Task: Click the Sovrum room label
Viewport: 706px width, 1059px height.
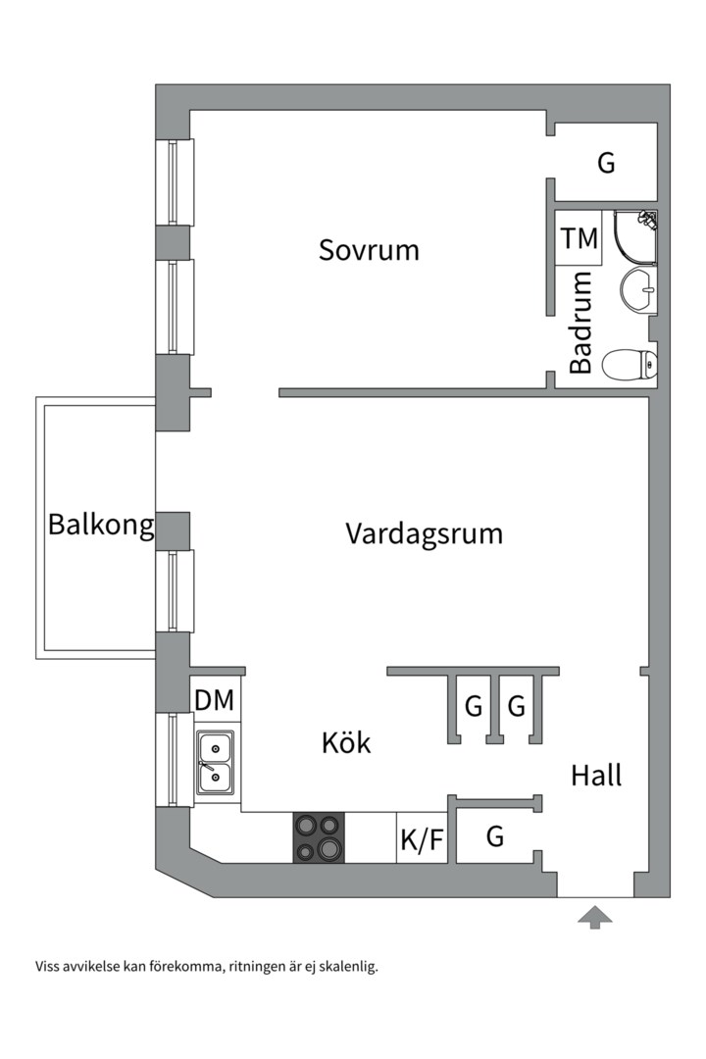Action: tap(369, 250)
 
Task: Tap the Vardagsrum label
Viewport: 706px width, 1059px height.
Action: tap(424, 534)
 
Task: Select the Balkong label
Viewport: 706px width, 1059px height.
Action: tap(101, 527)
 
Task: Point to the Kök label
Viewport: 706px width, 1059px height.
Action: tap(346, 743)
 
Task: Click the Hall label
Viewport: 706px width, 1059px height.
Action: tap(596, 776)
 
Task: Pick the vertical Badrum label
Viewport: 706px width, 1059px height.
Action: tap(580, 322)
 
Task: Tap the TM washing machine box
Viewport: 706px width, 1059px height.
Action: tap(579, 238)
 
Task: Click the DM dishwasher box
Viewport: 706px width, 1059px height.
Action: tap(215, 700)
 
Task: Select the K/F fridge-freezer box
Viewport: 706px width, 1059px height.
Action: tap(423, 839)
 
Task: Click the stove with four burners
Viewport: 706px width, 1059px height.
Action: tap(320, 837)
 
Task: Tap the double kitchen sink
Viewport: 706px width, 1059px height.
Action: tap(215, 762)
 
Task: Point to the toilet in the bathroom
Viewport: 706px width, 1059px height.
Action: tap(629, 366)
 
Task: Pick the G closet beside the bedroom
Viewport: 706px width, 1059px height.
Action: tap(607, 164)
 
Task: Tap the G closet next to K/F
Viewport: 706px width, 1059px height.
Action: tap(495, 837)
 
